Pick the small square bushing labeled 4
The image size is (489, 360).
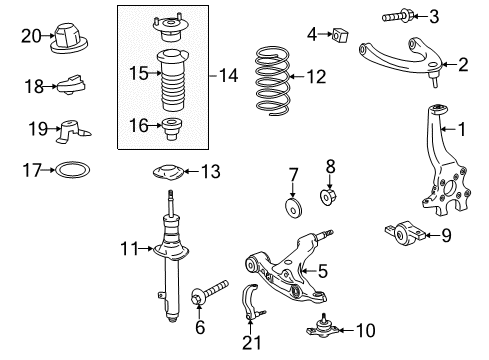coord(340,35)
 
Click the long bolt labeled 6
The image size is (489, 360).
coord(210,292)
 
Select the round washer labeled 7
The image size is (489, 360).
coord(294,208)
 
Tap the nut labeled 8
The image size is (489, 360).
coord(328,197)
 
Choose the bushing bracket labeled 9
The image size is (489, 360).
coord(405,234)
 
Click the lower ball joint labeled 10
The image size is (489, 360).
coord(323,327)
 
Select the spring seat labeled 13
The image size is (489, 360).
coord(169,172)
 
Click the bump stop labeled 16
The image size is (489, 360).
coord(172,129)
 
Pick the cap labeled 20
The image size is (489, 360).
coord(69,38)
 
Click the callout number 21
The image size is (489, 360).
coord(252,343)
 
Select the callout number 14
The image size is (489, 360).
coord(228,75)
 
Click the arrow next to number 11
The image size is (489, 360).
coord(146,248)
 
